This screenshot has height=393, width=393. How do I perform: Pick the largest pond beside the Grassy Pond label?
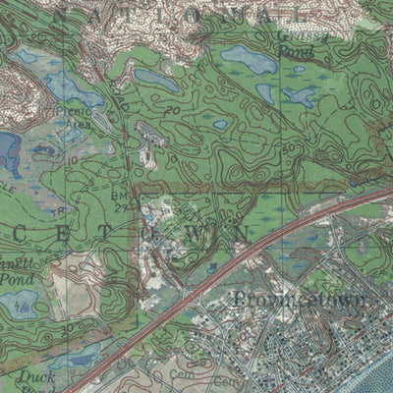click(249, 61)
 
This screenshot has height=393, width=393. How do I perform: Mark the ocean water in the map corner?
click(378, 378)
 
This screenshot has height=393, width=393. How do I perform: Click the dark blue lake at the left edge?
click(8, 152)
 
